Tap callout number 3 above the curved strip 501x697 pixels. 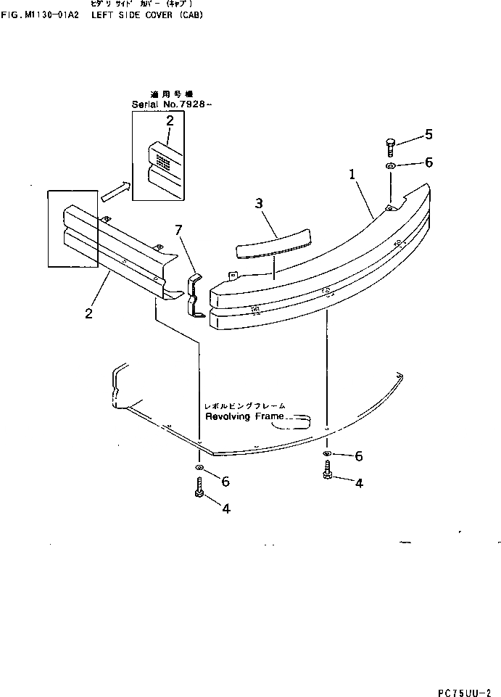point(259,204)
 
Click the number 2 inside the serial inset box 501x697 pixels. point(170,121)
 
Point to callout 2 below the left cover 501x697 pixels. point(88,314)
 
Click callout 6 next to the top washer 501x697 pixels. point(428,162)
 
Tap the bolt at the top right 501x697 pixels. point(391,147)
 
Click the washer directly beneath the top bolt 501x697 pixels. point(390,167)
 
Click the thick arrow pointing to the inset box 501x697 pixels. point(115,192)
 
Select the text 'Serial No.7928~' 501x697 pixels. point(173,104)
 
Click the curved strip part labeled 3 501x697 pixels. point(273,242)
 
